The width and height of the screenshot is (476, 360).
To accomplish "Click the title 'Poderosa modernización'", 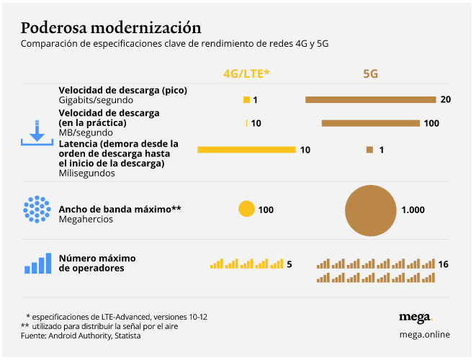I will pos(111,28).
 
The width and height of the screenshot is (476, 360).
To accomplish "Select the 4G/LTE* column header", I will pos(246,73).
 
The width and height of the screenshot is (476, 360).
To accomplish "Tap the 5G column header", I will pos(371,73).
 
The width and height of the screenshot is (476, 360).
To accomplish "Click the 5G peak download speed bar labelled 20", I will pos(370,99).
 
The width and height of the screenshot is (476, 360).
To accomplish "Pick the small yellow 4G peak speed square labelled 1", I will pos(246,99).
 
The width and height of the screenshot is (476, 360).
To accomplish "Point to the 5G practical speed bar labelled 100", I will pos(370,123).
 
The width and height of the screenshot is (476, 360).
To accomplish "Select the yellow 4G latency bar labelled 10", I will pos(246,150).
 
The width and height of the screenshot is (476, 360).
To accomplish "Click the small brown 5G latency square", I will pos(369,150).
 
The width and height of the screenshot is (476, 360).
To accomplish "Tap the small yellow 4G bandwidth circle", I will pos(246,210).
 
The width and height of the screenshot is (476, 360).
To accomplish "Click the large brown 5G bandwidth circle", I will pos(371,210).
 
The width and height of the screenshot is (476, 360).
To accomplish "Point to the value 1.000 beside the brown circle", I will pos(413,210).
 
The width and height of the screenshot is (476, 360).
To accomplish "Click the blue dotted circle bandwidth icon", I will pos(36,210).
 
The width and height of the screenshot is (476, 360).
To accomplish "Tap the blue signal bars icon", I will pos(37,264).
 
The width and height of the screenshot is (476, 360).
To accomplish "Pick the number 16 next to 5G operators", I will pos(443,264).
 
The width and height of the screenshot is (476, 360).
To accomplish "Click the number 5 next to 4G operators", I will pos(289,264).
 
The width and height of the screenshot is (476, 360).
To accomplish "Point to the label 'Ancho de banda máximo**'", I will pos(120,209).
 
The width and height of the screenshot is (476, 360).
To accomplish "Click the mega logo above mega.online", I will pos(415,318).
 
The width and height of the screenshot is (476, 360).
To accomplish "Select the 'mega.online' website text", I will pos(423,334).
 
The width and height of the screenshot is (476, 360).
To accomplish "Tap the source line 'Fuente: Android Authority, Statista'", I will pos(81,336).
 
